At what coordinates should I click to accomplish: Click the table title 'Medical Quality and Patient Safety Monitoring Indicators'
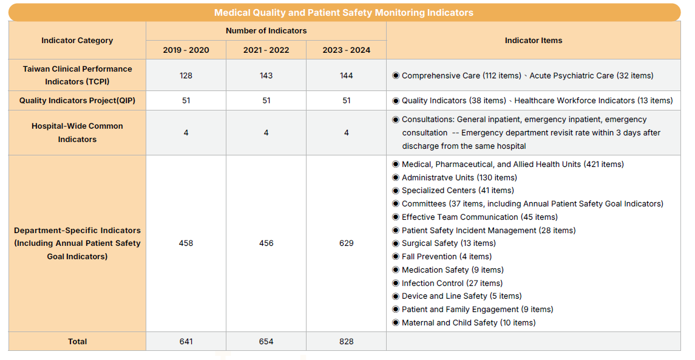[344, 13]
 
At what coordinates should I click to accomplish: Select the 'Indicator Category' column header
[77, 41]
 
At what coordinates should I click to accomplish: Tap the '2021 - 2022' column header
[266, 50]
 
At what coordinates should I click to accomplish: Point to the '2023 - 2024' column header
[346, 50]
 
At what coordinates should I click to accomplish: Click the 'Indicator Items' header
[533, 41]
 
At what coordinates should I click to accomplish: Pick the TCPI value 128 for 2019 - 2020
[186, 76]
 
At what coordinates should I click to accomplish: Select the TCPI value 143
[266, 76]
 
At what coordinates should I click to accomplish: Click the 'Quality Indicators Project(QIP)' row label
[77, 101]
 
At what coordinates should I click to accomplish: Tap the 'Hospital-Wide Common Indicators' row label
[77, 132]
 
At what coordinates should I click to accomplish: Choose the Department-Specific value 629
[346, 243]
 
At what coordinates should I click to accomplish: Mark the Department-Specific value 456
[266, 243]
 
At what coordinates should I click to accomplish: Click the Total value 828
[346, 342]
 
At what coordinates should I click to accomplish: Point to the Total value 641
[186, 342]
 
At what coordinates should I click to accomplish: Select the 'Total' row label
[77, 342]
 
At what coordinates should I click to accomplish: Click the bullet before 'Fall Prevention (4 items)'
[396, 257]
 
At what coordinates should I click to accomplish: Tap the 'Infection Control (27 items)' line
[452, 284]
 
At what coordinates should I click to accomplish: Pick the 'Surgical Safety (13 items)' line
[448, 243]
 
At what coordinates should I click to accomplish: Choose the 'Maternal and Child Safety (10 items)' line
[468, 323]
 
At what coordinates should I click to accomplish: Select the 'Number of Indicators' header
[266, 31]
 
